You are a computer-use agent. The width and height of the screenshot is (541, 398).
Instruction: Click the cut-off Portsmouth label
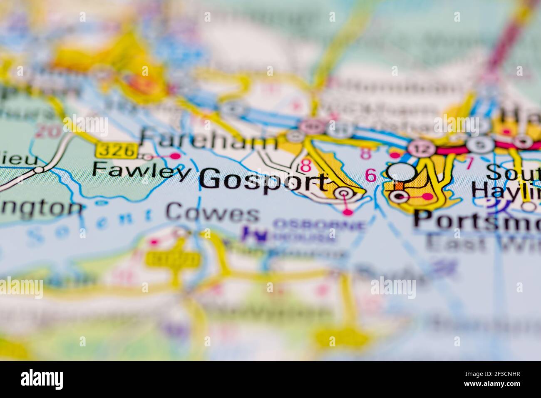click(476, 220)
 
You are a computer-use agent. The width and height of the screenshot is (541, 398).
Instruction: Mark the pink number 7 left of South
click(469, 164)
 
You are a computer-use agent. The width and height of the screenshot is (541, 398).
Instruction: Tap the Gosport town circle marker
click(343, 193)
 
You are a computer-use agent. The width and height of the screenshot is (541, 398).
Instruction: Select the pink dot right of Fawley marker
click(176, 156)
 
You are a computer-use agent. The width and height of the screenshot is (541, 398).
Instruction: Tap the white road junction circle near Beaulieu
click(39, 170)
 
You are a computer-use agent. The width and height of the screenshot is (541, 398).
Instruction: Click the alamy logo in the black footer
click(42, 379)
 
